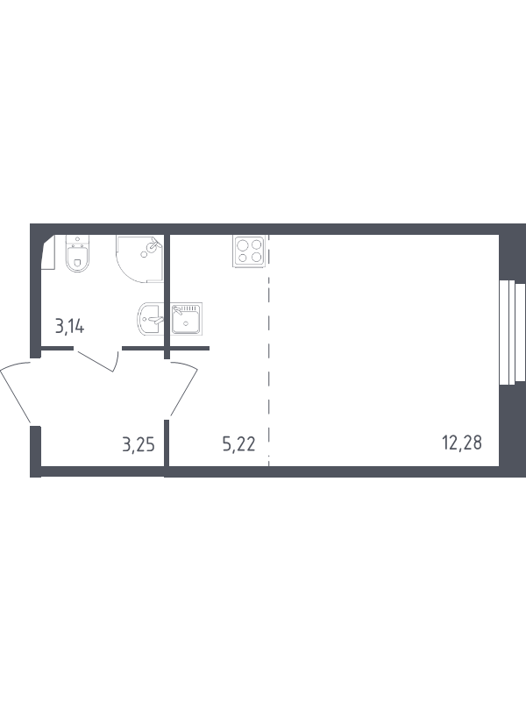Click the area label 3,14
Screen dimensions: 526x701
pyautogui.click(x=69, y=327)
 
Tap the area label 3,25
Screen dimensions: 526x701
pyautogui.click(x=139, y=445)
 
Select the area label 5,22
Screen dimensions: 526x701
pyautogui.click(x=238, y=444)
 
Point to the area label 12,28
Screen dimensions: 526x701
pyautogui.click(x=462, y=443)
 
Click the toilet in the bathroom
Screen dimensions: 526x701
pyautogui.click(x=77, y=253)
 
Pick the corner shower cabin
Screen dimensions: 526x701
pyautogui.click(x=139, y=258)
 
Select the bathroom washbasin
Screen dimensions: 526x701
pyautogui.click(x=151, y=319)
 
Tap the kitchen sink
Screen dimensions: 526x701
pyautogui.click(x=187, y=319)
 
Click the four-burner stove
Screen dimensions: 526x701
pyautogui.click(x=249, y=251)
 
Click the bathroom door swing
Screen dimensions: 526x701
pyautogui.click(x=100, y=360)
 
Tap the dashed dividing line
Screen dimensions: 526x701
pyautogui.click(x=269, y=350)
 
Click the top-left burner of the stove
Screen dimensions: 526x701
pyautogui.click(x=243, y=245)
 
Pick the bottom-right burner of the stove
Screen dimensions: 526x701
pyautogui.click(x=256, y=257)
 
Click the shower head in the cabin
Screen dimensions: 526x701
pyautogui.click(x=154, y=244)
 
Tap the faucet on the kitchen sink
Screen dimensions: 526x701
pyautogui.click(x=178, y=310)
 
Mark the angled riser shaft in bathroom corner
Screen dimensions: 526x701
pyautogui.click(x=48, y=252)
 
